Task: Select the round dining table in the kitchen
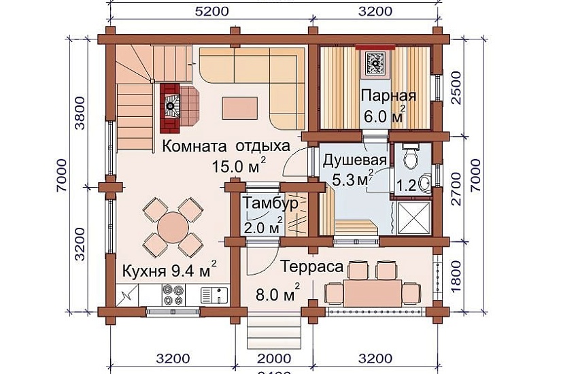pos(173,225)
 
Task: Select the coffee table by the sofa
pos(239,107)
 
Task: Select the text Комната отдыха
pos(226,146)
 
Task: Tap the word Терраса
pos(311,267)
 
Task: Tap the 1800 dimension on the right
pos(457,277)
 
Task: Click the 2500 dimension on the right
pos(457,89)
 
